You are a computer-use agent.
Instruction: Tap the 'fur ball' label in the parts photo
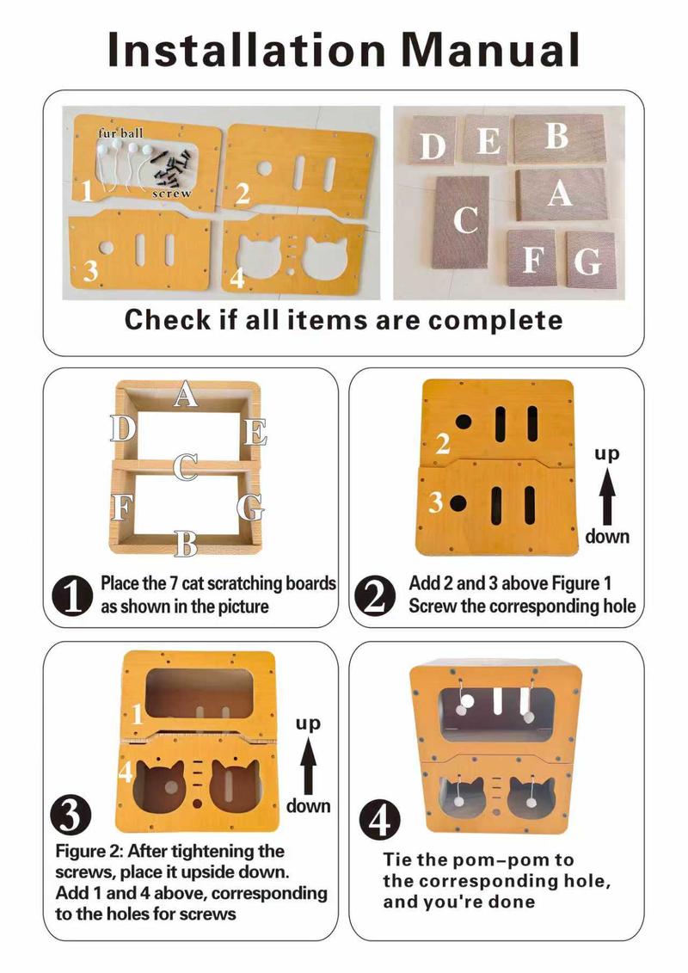pyautogui.click(x=120, y=133)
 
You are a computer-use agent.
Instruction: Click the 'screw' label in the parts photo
pyautogui.click(x=171, y=194)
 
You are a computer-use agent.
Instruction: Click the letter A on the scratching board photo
pyautogui.click(x=560, y=194)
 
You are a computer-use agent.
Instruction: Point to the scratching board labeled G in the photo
pyautogui.click(x=589, y=259)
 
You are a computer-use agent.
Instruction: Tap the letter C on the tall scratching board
pyautogui.click(x=465, y=219)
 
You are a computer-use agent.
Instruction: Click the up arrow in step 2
pyautogui.click(x=607, y=494)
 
